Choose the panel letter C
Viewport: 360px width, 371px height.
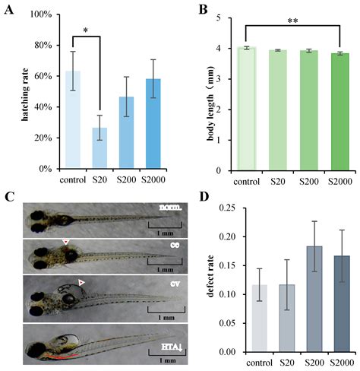9,197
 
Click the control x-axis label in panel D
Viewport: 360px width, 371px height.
242,362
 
